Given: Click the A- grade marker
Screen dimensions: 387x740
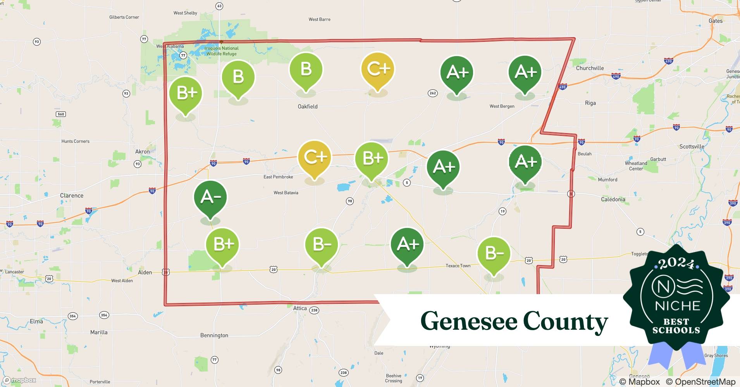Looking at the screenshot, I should pos(210,198).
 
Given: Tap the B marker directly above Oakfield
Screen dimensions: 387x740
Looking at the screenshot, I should pos(306,70).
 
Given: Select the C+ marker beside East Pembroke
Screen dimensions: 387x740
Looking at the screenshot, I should pos(314,158).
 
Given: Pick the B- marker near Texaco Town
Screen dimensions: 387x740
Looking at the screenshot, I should pos(494,253).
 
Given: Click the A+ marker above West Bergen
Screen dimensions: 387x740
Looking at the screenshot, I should pos(525,72).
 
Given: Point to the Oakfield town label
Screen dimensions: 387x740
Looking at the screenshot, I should pos(308,106).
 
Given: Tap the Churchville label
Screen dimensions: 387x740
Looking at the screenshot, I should pos(590,68).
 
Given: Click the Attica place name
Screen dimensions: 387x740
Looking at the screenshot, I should pos(300,308).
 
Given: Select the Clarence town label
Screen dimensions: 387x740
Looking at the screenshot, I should pos(72,195).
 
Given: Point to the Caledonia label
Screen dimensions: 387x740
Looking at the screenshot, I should pos(613,199).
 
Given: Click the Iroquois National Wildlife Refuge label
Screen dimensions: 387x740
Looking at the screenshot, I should pos(222,51).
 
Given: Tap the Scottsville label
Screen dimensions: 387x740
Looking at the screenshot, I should pos(692,146).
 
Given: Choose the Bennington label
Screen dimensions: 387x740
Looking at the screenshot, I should pos(214,335).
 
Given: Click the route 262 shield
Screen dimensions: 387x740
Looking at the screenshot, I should pos(433,93).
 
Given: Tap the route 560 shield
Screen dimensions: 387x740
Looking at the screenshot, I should pos(61,114).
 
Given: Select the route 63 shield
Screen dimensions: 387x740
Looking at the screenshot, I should pos(219,6).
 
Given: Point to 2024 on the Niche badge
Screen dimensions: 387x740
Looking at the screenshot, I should pos(676,264).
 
